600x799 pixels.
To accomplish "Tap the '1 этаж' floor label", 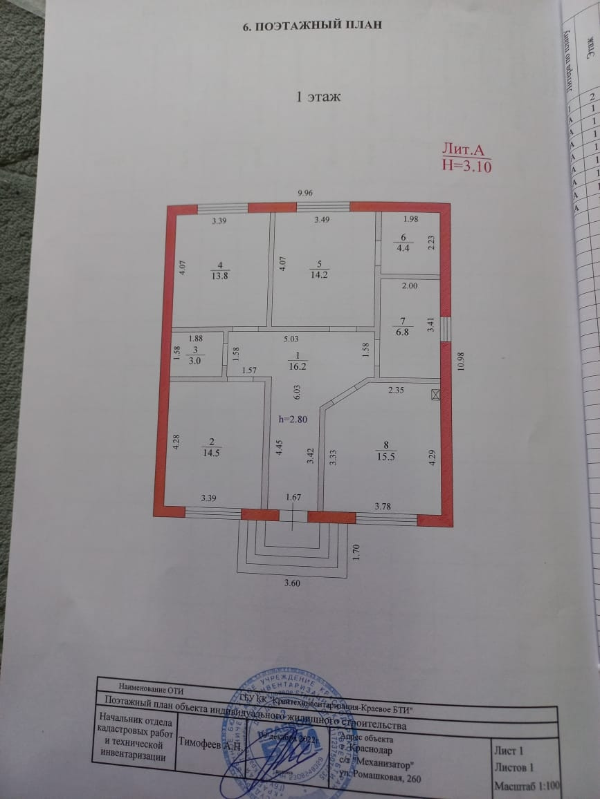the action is [x=318, y=97].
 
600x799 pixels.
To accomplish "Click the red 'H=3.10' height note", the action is [x=466, y=165].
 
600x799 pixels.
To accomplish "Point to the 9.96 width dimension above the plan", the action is [x=306, y=194].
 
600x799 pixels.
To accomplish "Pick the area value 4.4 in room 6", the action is [x=403, y=249].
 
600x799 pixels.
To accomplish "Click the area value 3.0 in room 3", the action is [x=196, y=361].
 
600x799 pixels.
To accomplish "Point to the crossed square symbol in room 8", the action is [x=435, y=395].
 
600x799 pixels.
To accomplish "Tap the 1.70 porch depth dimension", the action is [x=356, y=552].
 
